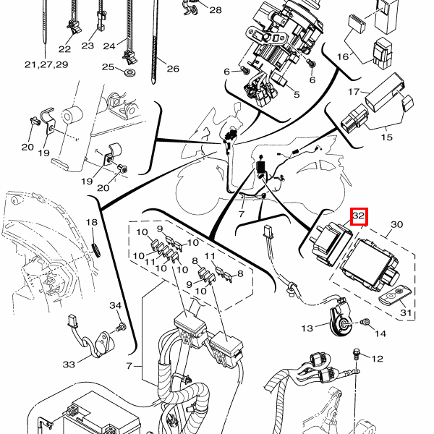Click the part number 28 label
point(216,10)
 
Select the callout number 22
point(65,49)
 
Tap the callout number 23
point(88,46)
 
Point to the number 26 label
point(172,69)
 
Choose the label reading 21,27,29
point(46,64)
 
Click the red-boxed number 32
point(359,216)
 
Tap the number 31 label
point(407,313)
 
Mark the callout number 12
point(377,358)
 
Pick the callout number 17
point(354,92)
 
